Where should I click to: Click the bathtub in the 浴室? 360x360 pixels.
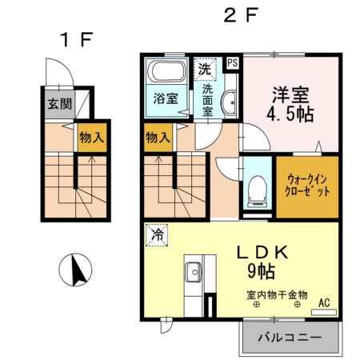point(166,71)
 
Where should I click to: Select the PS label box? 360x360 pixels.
point(233,63)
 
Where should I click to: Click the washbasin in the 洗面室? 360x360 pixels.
point(230,102)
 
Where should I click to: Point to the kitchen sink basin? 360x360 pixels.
point(193,272)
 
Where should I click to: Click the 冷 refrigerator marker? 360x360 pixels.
point(157,235)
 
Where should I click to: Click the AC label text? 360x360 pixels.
point(324,303)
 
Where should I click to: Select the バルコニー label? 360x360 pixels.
point(290,338)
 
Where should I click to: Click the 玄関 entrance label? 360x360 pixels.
point(60,104)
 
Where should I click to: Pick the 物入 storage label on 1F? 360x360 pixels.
point(92,138)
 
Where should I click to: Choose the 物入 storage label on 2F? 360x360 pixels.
point(158,138)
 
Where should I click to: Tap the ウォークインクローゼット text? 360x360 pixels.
point(307,186)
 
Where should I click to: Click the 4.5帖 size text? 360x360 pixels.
point(290,115)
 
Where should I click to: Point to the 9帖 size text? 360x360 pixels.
point(262,271)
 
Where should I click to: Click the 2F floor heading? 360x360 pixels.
point(241,15)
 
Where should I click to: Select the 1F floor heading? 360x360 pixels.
point(76,40)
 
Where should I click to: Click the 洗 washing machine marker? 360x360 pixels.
point(205,69)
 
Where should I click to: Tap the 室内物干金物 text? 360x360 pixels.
point(277,295)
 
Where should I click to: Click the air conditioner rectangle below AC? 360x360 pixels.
point(324,313)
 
